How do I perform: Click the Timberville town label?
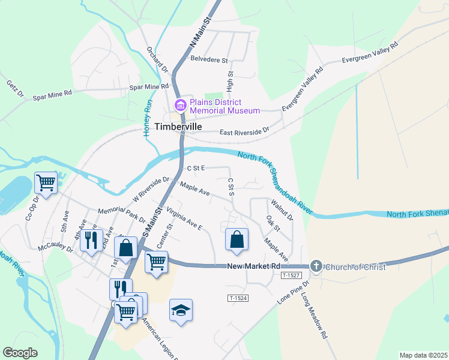(178, 127)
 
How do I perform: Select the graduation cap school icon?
(181, 310)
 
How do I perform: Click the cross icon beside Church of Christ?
(316, 266)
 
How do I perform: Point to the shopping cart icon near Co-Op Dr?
(46, 182)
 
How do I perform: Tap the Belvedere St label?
(209, 60)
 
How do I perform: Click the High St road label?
(230, 81)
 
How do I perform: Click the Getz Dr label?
(15, 89)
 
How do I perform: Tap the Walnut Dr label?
(282, 209)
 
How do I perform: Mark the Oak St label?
(273, 223)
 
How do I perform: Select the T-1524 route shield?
(238, 298)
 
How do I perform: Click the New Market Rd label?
(254, 266)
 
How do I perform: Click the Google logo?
(20, 353)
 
